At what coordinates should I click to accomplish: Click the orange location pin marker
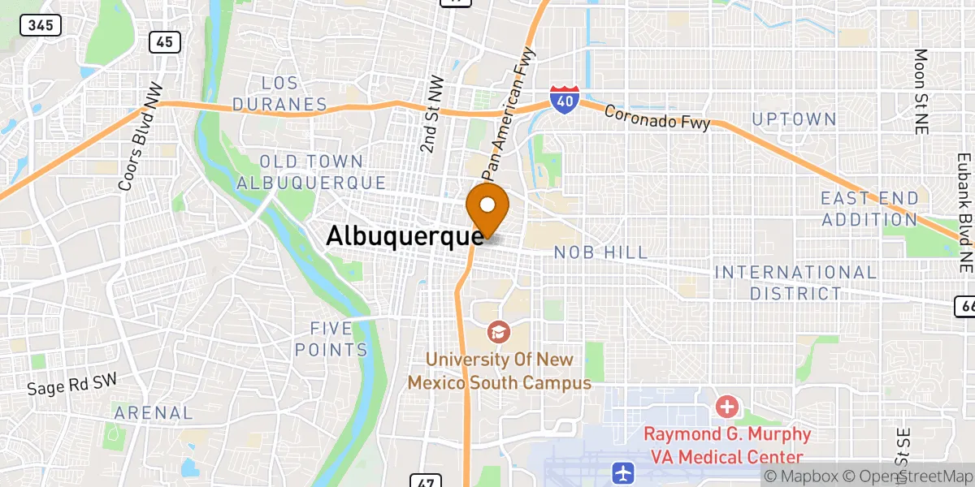(487, 206)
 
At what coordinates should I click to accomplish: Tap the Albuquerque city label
(404, 236)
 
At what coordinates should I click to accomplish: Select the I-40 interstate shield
(562, 99)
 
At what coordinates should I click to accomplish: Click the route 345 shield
(41, 25)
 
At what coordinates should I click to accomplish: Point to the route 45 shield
(164, 42)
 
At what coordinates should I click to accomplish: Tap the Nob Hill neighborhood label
(600, 253)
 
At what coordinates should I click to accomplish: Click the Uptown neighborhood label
(794, 119)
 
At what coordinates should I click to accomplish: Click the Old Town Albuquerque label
(311, 172)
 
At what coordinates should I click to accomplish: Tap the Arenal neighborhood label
(154, 413)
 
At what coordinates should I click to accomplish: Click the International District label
(795, 282)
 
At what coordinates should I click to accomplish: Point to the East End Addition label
(869, 209)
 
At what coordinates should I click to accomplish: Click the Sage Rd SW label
(71, 384)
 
